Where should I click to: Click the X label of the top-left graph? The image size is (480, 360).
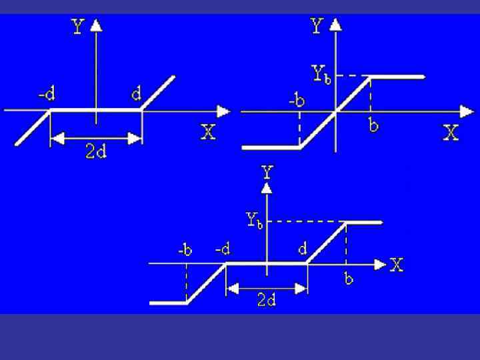pos(209,132)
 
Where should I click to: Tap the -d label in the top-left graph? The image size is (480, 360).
pos(46,95)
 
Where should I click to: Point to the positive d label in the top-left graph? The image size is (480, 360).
pos(136,95)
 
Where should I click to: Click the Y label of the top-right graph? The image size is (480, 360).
pos(317,27)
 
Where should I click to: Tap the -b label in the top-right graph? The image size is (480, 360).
pos(297,101)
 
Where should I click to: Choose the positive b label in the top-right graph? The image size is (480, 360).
pos(374,125)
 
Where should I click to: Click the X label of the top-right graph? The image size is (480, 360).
pos(451,133)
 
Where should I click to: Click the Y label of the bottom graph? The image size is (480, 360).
pos(267,172)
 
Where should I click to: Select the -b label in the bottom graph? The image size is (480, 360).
pos(185,251)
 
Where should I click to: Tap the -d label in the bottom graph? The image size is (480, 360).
pos(223,249)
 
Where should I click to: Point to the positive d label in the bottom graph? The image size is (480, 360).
pos(303,249)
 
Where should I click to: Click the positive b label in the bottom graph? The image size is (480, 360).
pos(348,279)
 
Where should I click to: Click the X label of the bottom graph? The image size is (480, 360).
pos(397,265)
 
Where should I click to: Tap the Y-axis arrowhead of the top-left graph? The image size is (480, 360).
pos(97,25)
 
